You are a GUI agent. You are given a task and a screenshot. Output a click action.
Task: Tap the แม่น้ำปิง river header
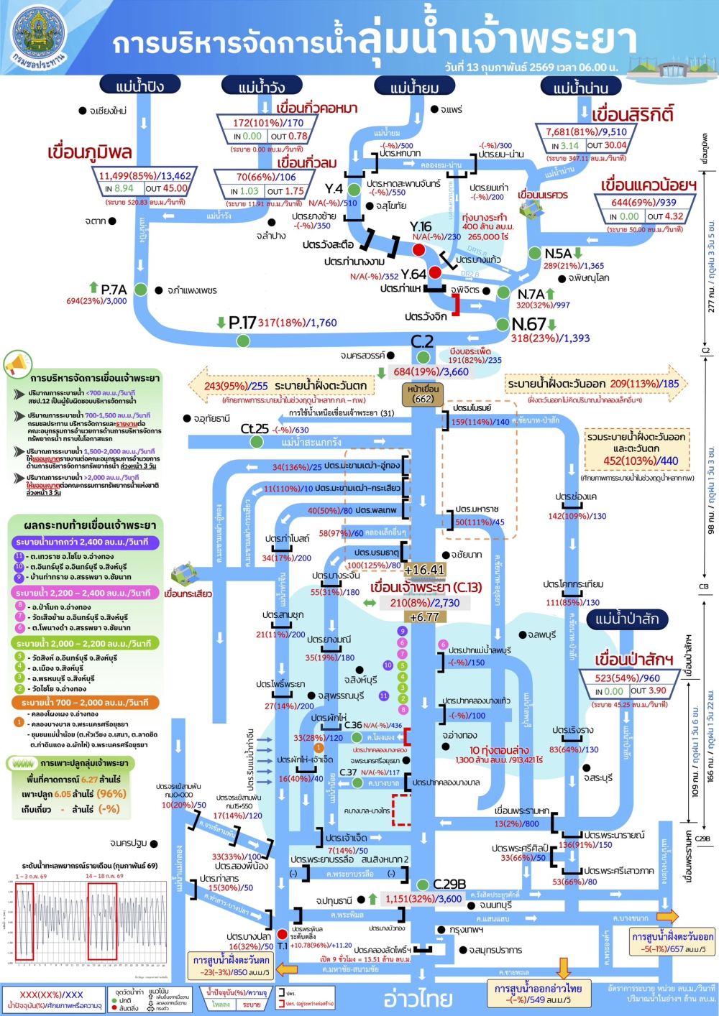tap(140, 86)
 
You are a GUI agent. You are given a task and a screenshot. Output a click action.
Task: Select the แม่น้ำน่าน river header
tap(581, 88)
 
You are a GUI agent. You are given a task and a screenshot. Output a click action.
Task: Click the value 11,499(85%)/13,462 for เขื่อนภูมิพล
tap(145, 175)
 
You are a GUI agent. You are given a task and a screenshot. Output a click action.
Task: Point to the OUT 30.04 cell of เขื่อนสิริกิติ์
tap(606, 146)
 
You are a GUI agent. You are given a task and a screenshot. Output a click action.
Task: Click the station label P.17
tap(242, 323)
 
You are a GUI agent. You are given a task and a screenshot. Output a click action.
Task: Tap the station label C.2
tap(422, 341)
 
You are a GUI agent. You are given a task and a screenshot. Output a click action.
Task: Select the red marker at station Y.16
tap(418, 249)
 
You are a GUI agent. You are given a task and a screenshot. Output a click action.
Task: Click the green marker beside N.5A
tap(534, 254)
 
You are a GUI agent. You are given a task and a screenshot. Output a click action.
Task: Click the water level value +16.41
tap(424, 570)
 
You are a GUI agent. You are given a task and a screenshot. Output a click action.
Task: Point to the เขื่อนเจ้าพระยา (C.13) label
tap(426, 587)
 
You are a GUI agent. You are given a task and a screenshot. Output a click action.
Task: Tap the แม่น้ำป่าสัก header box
tap(627, 619)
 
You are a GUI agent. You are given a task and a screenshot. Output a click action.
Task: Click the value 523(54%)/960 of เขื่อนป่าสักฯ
tap(627, 678)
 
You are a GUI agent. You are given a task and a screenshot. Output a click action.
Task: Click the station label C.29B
tap(449, 884)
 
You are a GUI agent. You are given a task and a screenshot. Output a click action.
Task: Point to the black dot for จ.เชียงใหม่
tap(83, 111)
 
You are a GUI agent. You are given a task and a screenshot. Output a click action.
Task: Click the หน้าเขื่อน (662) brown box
tap(423, 394)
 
